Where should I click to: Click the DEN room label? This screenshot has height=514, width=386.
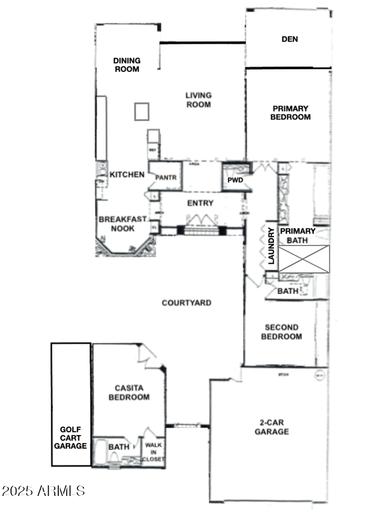pos(289,39)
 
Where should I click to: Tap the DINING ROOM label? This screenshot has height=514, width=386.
pos(127,65)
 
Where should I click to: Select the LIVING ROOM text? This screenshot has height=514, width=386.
pos(198,99)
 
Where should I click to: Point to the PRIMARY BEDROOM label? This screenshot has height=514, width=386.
pos(291,112)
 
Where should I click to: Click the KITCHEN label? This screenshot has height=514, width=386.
pos(127,175)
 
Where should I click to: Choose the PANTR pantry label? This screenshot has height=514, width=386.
pos(165,177)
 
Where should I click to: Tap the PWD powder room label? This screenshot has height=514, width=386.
pos(235,180)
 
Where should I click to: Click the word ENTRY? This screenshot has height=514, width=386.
pos(200,203)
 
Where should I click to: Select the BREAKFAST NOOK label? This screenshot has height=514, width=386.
pos(123,224)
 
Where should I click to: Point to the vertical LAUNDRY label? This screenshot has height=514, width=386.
pos(271,246)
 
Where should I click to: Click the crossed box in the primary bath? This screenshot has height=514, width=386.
pos(304,259)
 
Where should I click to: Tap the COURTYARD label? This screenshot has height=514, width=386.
pos(186,303)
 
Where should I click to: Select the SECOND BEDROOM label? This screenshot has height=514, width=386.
pos(281,332)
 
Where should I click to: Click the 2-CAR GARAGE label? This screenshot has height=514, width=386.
pos(271,427)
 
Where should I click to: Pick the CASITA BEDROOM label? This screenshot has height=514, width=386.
pos(132,393)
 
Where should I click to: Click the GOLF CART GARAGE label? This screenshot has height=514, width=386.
pos(70,437)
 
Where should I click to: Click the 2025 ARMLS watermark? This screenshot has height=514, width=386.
pos(43,490)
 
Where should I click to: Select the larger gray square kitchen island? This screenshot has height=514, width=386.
pos(142,111)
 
